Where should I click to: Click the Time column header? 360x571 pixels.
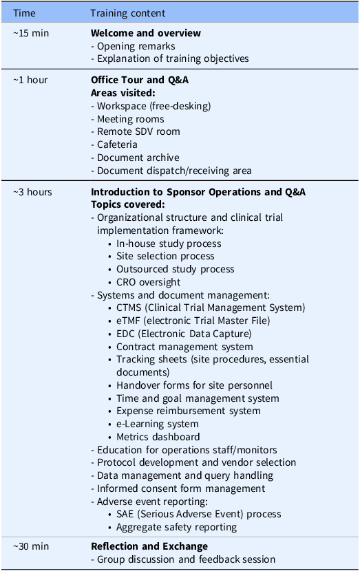click(x=23, y=13)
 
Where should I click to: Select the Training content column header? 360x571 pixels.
click(x=127, y=13)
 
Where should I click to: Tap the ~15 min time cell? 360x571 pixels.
click(x=30, y=33)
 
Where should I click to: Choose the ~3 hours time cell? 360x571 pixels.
click(x=32, y=192)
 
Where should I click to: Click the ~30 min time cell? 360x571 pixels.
click(x=31, y=546)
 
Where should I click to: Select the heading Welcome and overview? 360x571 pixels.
click(x=146, y=33)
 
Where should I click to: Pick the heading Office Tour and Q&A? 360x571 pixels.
click(x=140, y=80)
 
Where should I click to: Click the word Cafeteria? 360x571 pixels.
click(x=117, y=144)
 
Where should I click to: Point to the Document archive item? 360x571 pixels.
click(x=138, y=158)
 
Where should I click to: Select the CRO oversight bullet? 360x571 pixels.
click(x=148, y=282)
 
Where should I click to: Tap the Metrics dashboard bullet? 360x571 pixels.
click(x=158, y=437)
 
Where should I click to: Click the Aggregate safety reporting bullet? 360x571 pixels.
click(x=176, y=527)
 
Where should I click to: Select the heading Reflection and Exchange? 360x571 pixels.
click(x=149, y=546)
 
